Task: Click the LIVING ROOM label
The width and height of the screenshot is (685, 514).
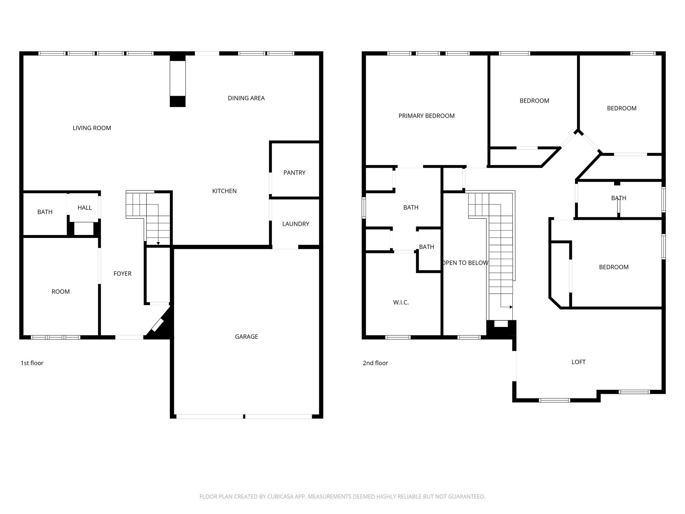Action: click(92, 128)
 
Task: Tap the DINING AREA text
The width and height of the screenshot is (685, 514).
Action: click(246, 98)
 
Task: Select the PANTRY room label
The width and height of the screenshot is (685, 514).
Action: click(294, 173)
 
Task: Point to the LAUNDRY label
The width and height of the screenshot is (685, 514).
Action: click(295, 224)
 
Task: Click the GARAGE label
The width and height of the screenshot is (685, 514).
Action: click(246, 337)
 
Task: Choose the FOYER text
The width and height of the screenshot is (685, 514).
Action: click(122, 274)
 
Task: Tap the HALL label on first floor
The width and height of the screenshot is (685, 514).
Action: click(85, 208)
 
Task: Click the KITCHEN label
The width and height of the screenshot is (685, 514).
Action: click(224, 191)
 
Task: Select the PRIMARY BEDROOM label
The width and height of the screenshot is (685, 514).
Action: click(426, 116)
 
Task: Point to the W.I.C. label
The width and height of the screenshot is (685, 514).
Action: click(401, 303)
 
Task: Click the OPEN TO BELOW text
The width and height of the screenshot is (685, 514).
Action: click(465, 263)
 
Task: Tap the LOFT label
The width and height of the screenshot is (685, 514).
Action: click(578, 362)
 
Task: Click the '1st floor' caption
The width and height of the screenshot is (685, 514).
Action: click(32, 363)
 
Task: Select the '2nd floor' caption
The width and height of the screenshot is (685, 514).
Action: click(375, 363)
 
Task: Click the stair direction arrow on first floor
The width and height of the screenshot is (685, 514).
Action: click(158, 243)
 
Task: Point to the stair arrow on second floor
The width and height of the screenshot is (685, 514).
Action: click(510, 307)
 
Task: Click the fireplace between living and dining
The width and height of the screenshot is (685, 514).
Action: click(178, 79)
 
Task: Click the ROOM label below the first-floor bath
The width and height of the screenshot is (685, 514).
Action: click(61, 292)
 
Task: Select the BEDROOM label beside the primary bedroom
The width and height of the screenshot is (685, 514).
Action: click(534, 101)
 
